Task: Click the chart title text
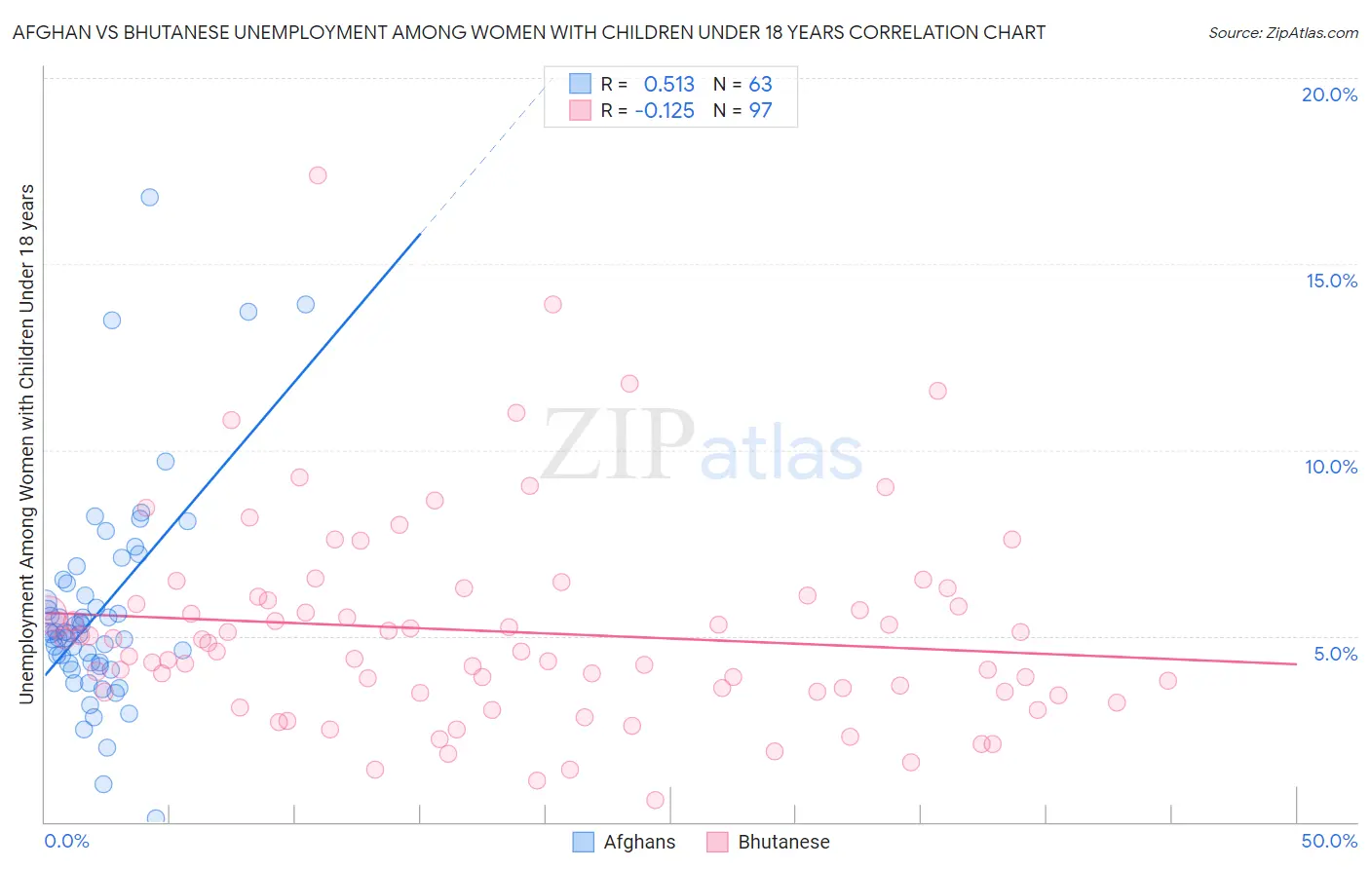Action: [x=529, y=32]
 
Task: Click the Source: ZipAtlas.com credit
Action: [x=1282, y=32]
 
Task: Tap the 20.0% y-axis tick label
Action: [x=1329, y=94]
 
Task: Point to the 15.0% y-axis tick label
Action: [x=1331, y=281]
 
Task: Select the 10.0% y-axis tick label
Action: [x=1331, y=467]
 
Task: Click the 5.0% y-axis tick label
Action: [x=1335, y=654]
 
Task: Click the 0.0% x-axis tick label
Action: [x=66, y=841]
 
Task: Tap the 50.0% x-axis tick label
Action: [x=1329, y=841]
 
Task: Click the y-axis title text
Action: [x=26, y=443]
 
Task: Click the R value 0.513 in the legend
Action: [x=669, y=85]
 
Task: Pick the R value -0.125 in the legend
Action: [x=665, y=111]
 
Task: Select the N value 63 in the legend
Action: [x=760, y=85]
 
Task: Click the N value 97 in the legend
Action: [x=760, y=111]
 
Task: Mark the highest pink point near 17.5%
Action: [x=318, y=175]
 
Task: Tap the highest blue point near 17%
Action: [x=150, y=197]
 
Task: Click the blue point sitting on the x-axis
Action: [x=156, y=817]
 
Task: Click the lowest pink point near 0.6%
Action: [x=655, y=800]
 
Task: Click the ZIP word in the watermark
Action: [x=618, y=446]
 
